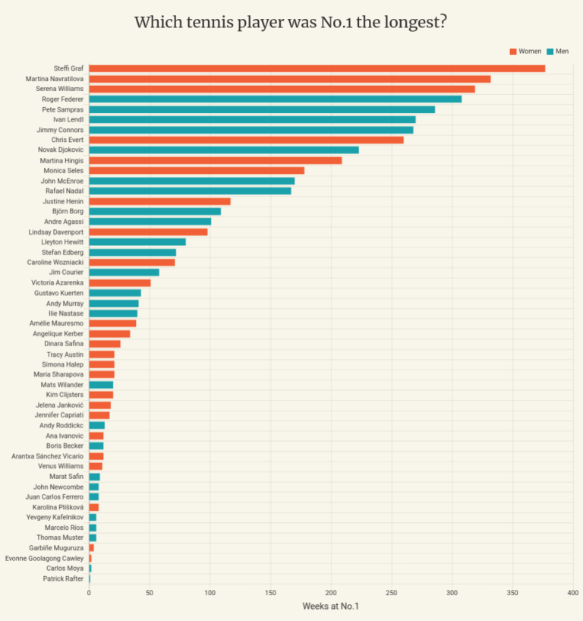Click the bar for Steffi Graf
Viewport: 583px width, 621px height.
(x=317, y=68)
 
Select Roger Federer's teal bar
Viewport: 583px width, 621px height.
(x=275, y=99)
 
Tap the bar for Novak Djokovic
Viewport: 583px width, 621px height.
(x=224, y=150)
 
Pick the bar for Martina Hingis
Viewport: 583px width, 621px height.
(x=215, y=160)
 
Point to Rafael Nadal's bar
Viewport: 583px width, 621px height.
(x=190, y=191)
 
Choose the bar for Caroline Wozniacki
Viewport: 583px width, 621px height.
(x=132, y=262)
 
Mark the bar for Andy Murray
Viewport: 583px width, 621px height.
(x=114, y=303)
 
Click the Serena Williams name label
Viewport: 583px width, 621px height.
(x=60, y=89)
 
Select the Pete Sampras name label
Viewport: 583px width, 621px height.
(x=63, y=109)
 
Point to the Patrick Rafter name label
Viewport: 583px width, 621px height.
(x=64, y=578)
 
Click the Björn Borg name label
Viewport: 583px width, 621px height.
(x=68, y=211)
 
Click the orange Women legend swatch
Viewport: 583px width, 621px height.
(x=512, y=51)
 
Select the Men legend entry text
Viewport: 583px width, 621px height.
(x=562, y=51)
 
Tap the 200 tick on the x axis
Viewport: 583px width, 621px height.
(x=331, y=592)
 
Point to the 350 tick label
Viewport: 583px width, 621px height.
(x=512, y=592)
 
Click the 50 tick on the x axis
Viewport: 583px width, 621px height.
(x=150, y=592)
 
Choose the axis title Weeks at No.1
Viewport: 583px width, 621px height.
(x=330, y=606)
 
